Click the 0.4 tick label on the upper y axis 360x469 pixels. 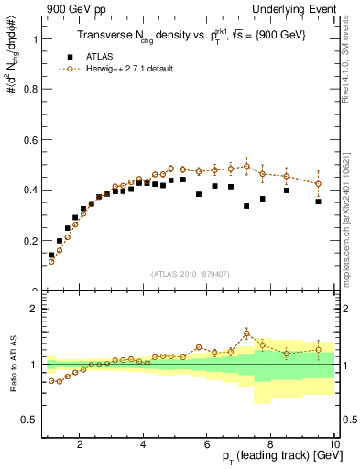point(31,191)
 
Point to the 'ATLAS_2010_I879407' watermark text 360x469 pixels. point(190,273)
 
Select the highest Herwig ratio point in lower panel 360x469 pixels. point(246,333)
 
